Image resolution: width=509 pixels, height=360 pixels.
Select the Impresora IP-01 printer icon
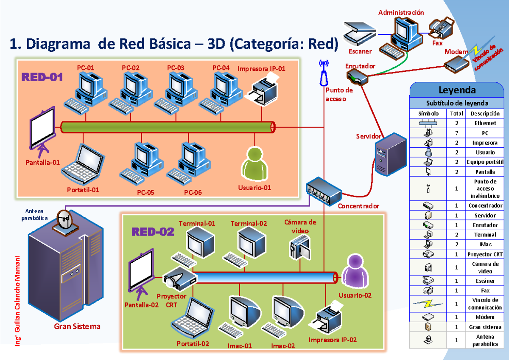click(x=263, y=90)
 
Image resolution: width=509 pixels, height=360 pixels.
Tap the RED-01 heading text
click(x=42, y=77)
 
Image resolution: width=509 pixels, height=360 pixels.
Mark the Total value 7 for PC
click(x=456, y=133)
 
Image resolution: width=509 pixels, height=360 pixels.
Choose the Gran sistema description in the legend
click(x=485, y=327)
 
